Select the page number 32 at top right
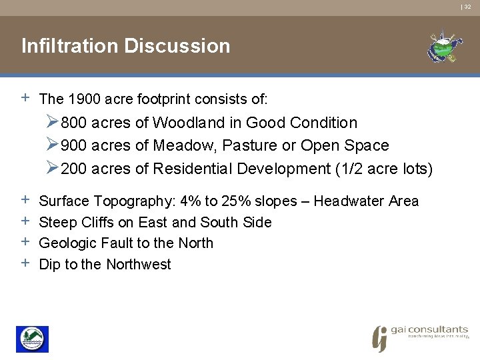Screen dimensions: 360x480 pyautogui.click(x=467, y=7)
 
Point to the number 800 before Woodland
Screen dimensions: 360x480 pyautogui.click(x=74, y=123)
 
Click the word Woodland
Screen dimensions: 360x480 pyautogui.click(x=185, y=123)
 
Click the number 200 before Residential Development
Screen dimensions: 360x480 pyautogui.click(x=74, y=169)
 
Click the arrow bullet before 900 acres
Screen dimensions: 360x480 pyautogui.click(x=53, y=145)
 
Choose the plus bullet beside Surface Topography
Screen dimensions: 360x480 pyautogui.click(x=25, y=200)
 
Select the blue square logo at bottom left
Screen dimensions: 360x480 pyautogui.click(x=32, y=339)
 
